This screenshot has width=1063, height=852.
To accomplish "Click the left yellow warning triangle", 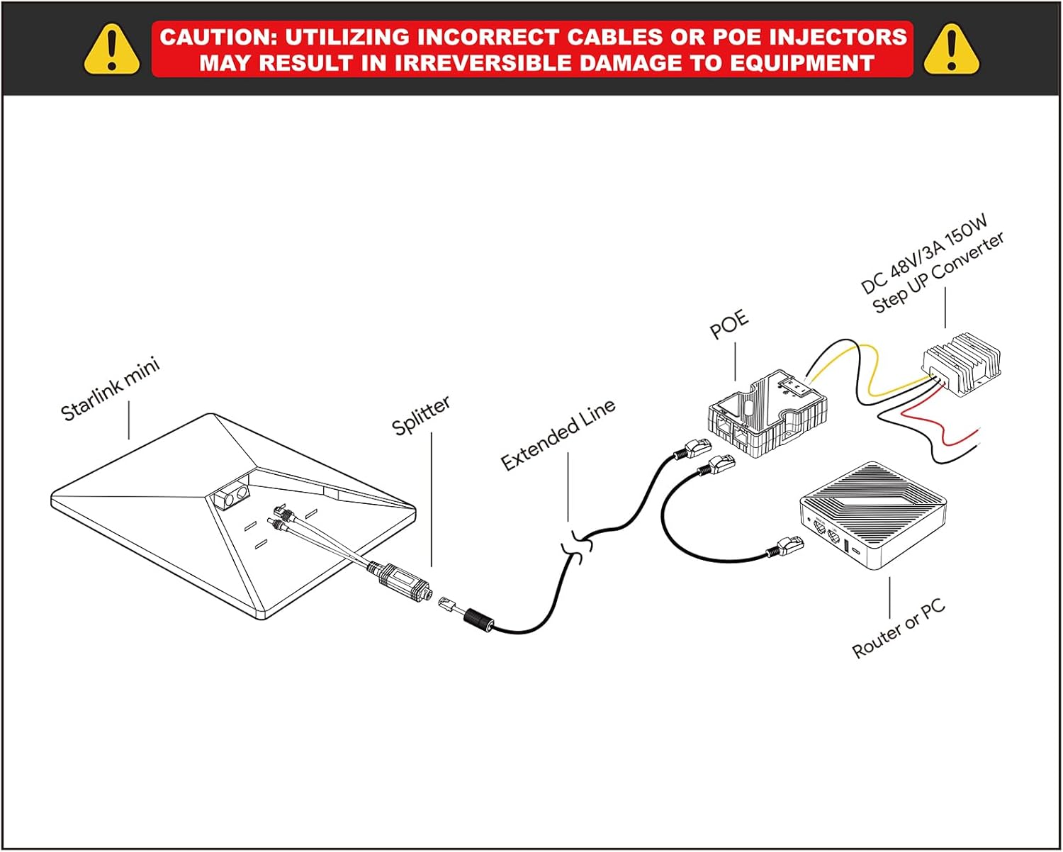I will coord(112,49).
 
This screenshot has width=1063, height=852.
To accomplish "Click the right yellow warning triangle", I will coord(951,49).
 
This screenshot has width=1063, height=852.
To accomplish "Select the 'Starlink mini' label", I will coord(111,390).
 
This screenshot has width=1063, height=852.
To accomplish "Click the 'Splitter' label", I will coord(421,415).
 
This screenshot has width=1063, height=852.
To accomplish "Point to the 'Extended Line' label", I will coord(558,434).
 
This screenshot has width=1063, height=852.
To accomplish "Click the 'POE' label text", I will coord(729,325).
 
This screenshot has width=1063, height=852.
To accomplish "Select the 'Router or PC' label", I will coord(899,629).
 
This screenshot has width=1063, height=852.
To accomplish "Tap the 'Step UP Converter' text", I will coord(938,274).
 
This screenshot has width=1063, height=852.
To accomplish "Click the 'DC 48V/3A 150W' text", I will coord(924,255).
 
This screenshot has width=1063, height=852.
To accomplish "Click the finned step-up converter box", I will coord(963,364).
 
